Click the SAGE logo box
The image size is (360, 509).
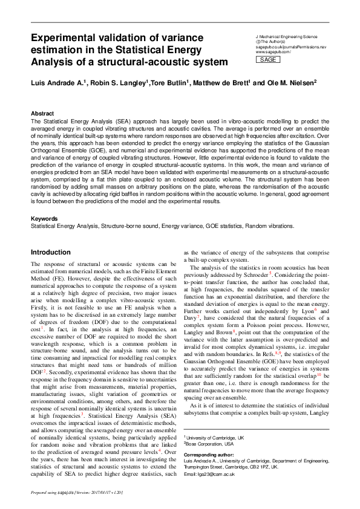269,60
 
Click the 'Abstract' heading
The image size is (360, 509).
42,114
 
